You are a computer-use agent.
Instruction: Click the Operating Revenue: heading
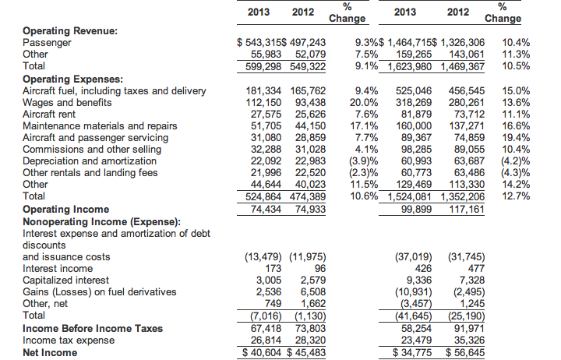pyautogui.click(x=70, y=31)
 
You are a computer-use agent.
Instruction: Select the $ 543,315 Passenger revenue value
pyautogui.click(x=259, y=43)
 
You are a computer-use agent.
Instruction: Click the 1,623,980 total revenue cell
pyautogui.click(x=410, y=66)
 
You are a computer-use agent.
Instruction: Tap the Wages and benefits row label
pyautogui.click(x=67, y=103)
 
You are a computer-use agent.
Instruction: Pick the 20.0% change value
pyautogui.click(x=364, y=103)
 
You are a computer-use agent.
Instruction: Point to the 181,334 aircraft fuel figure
pyautogui.click(x=263, y=91)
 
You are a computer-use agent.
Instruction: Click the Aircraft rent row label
pyautogui.click(x=49, y=115)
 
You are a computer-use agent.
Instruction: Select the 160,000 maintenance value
pyautogui.click(x=414, y=126)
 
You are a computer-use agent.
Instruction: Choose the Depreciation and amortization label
pyautogui.click(x=90, y=161)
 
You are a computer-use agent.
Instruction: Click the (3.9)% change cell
pyautogui.click(x=364, y=161)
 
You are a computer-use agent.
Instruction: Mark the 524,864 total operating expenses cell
pyautogui.click(x=263, y=197)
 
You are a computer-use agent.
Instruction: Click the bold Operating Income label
pyautogui.click(x=65, y=210)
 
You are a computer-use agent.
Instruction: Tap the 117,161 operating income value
pyautogui.click(x=467, y=210)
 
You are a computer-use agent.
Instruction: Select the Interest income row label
pyautogui.click(x=58, y=269)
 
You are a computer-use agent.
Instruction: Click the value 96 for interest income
pyautogui.click(x=320, y=269)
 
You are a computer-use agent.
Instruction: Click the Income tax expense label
pyautogui.click(x=69, y=341)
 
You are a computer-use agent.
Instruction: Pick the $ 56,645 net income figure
pyautogui.click(x=465, y=353)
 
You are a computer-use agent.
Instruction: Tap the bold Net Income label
pyautogui.click(x=50, y=353)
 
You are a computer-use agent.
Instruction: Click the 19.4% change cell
pyautogui.click(x=516, y=138)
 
